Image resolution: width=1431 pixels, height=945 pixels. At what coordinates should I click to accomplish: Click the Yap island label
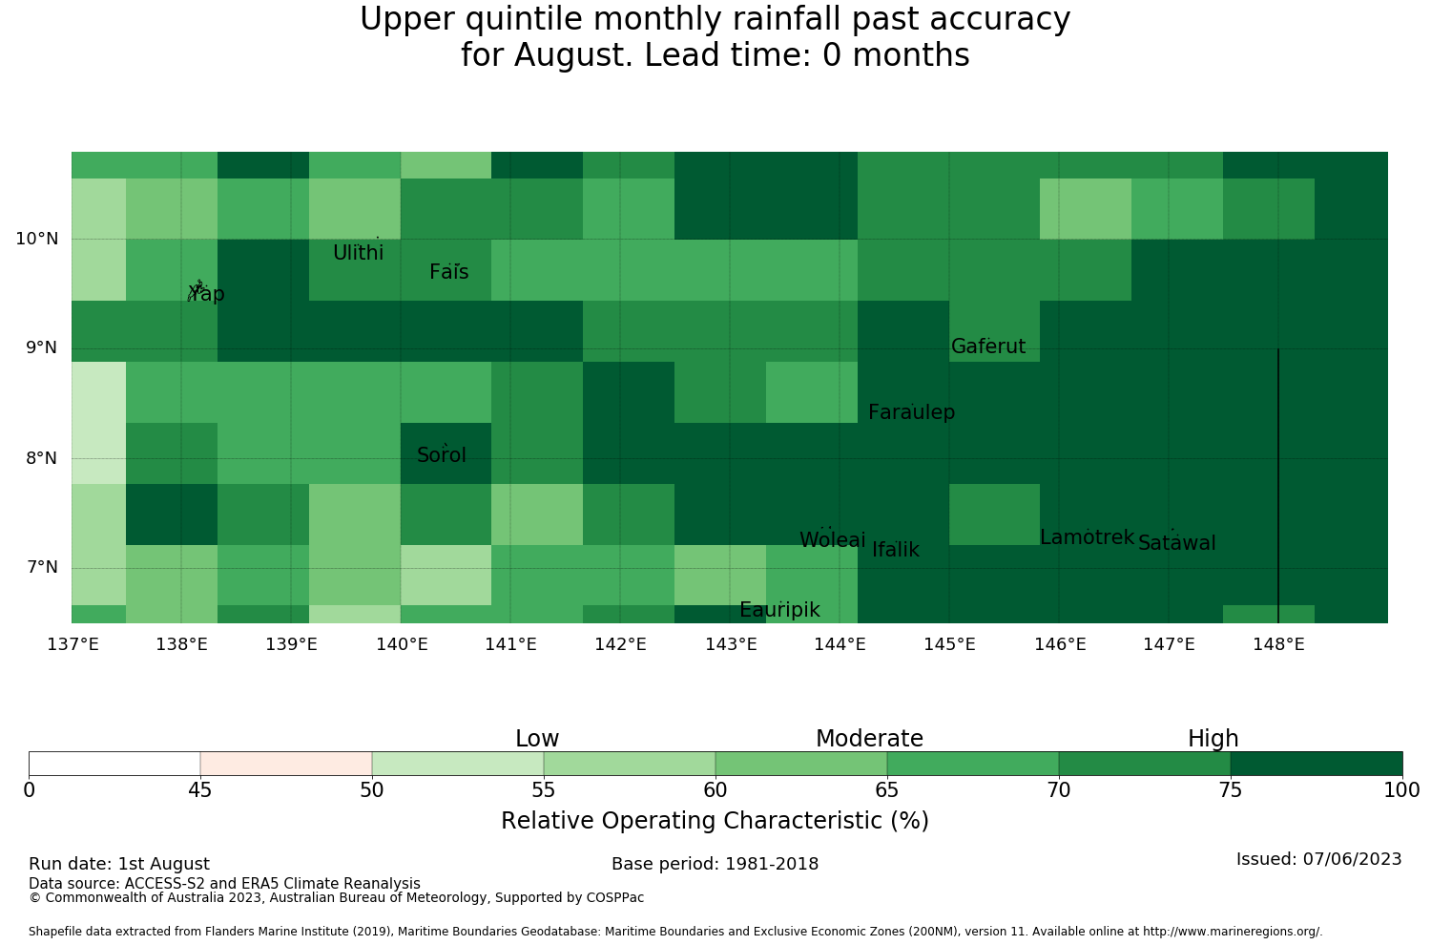tap(206, 293)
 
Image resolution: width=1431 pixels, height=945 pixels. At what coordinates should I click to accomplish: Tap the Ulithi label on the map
tap(358, 253)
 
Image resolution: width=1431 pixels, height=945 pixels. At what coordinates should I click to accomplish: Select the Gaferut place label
tap(987, 346)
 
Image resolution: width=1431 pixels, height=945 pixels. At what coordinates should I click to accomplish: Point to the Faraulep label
tap(911, 412)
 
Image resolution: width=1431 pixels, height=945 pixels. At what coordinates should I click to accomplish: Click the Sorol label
tap(441, 454)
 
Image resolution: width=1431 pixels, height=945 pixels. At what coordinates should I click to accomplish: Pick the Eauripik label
tap(779, 610)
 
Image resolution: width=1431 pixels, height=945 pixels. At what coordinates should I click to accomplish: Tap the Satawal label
tap(1176, 543)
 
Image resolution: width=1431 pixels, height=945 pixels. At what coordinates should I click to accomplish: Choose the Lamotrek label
tap(1086, 537)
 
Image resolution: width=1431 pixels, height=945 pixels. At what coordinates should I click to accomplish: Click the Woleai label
tap(832, 539)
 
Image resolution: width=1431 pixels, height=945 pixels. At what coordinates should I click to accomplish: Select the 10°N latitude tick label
tap(37, 239)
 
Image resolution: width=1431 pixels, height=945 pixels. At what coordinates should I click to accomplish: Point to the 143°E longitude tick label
tap(731, 643)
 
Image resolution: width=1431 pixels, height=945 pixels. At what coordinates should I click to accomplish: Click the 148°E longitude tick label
tap(1278, 643)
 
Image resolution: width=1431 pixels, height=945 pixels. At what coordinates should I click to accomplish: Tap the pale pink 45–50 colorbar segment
tap(285, 764)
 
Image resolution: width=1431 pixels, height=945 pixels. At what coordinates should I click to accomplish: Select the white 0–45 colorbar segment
tap(114, 764)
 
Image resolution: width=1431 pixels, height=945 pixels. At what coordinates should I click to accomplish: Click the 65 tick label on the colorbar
tap(886, 790)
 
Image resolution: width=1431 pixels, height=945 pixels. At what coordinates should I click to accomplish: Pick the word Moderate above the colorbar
tap(869, 739)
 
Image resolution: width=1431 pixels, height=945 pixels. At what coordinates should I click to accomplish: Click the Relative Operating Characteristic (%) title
tap(715, 820)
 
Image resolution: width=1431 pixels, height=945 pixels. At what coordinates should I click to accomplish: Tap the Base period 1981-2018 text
tap(715, 864)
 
